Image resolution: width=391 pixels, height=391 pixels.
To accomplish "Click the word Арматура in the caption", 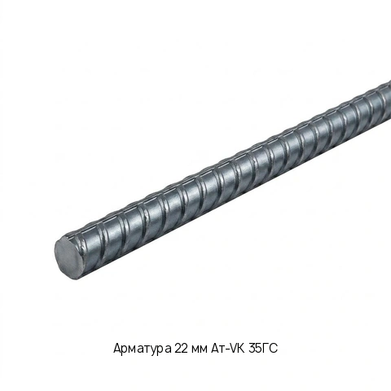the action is coord(143,349).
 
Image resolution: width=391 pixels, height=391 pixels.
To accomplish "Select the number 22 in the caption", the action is coord(182,348).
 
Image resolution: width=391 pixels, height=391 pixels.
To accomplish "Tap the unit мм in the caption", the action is coord(200,349).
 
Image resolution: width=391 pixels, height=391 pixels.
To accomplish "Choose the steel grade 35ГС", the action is coord(263,348).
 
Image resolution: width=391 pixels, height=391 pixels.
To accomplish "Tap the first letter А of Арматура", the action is coord(117,348).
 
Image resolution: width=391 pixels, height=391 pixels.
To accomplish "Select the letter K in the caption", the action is coord(242,348).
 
